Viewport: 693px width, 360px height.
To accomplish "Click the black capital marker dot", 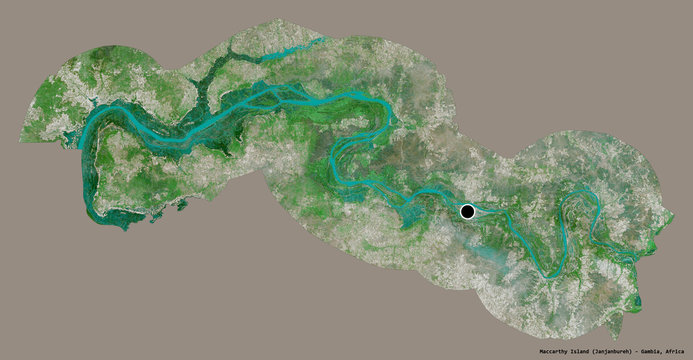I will click(468, 211).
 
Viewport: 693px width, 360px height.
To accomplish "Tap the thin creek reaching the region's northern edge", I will click(318, 41).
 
